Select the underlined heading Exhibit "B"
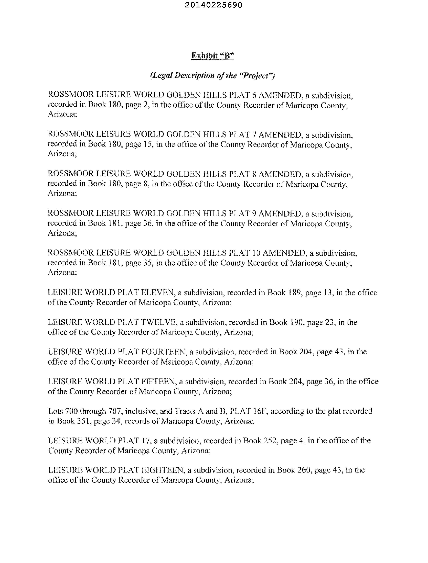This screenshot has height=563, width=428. pos(212,55)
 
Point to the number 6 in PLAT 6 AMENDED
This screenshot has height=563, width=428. pos(254,95)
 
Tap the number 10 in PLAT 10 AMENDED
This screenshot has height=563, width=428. pos(256,253)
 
